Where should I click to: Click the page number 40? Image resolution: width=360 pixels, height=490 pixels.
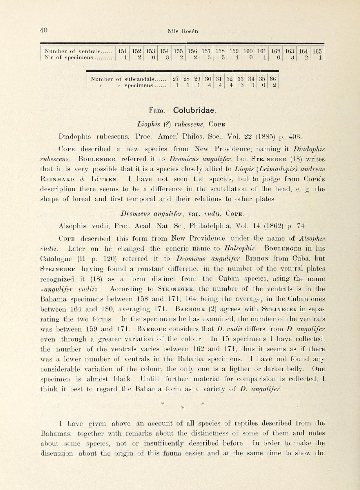(x=44, y=30)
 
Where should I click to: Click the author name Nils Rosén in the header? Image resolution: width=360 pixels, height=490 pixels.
(x=183, y=31)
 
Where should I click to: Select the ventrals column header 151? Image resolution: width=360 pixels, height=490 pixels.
(x=123, y=51)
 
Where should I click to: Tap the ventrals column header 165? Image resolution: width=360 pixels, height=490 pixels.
(x=317, y=51)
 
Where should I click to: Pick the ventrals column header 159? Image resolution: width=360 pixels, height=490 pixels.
(x=234, y=51)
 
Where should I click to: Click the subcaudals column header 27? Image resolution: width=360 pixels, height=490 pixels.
(x=175, y=79)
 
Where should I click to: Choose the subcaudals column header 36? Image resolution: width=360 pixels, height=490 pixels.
(x=273, y=79)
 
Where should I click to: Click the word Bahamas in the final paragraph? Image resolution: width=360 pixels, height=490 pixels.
(x=56, y=433)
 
